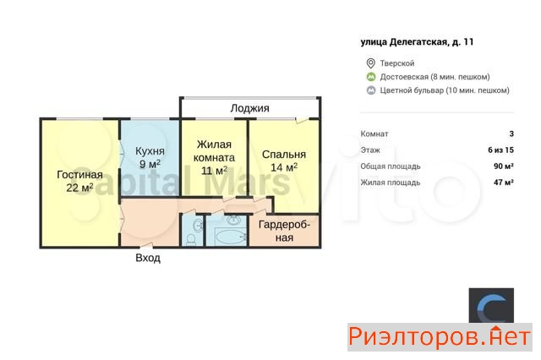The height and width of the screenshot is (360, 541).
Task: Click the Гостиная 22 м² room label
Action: (x=79, y=181)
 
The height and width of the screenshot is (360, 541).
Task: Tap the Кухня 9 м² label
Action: (x=150, y=157)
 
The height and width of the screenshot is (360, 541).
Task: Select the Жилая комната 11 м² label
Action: (x=214, y=157)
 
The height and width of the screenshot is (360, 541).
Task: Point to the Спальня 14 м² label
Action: (x=284, y=161)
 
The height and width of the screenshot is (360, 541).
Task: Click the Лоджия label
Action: (x=250, y=108)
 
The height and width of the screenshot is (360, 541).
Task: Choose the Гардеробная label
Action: (x=284, y=231)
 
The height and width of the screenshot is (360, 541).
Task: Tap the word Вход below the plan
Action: (x=148, y=258)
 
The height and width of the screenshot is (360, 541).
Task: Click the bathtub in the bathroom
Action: (x=229, y=237)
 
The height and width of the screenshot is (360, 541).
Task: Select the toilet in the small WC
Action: (x=190, y=239)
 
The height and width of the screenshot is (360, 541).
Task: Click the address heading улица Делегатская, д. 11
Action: (x=417, y=42)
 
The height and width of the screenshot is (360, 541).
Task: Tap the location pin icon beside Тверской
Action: (x=370, y=63)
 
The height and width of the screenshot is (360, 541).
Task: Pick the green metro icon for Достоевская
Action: (x=371, y=77)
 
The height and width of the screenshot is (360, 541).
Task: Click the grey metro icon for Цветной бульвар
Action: (x=371, y=90)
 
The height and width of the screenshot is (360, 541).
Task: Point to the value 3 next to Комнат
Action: (x=511, y=134)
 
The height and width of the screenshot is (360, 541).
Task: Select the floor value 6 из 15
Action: (x=500, y=150)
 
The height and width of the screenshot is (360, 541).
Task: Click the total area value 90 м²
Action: (x=504, y=166)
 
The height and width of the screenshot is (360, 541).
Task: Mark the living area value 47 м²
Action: (x=504, y=183)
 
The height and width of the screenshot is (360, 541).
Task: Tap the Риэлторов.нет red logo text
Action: (x=440, y=337)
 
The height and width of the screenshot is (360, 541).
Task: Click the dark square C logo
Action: (x=491, y=306)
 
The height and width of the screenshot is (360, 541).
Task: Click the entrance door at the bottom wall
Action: (x=146, y=246)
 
